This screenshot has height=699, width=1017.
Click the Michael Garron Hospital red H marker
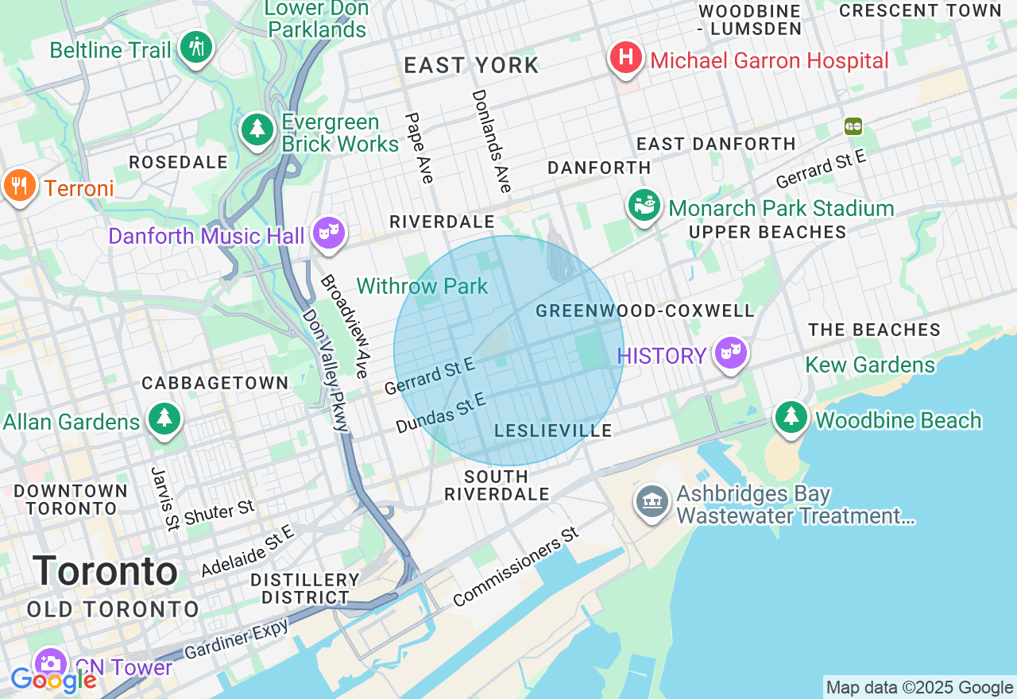(626, 59)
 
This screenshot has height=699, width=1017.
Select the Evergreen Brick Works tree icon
(257, 130)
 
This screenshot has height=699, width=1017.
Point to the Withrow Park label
(422, 286)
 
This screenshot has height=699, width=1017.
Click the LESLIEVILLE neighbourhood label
(553, 431)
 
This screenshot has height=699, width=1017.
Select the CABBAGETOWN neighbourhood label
(215, 383)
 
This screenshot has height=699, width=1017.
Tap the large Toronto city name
(106, 571)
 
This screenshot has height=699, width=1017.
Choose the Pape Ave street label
(420, 148)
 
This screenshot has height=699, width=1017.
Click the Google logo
(53, 680)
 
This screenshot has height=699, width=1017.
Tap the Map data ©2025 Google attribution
(919, 688)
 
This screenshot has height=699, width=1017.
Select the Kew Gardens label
(870, 365)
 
